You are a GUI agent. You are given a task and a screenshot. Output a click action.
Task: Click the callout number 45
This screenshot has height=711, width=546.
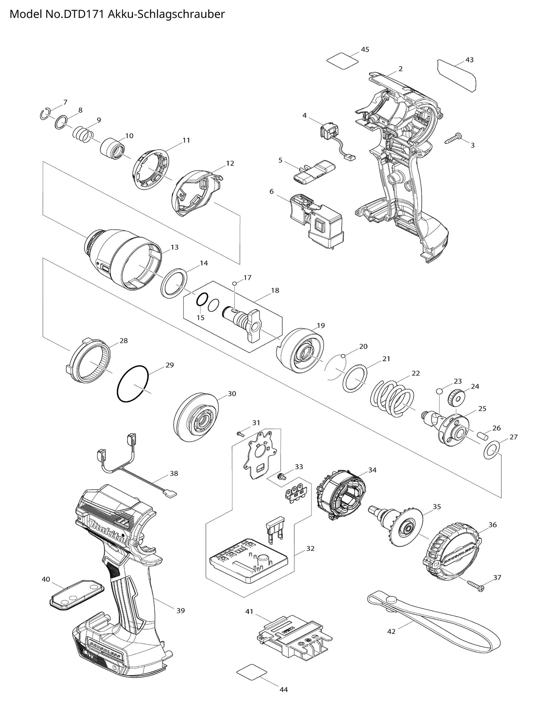pos(365,49)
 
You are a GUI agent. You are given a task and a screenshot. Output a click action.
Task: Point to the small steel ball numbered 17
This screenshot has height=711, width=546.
pos(235,283)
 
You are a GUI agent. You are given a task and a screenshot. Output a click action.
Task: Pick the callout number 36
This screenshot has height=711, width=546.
pos(492,525)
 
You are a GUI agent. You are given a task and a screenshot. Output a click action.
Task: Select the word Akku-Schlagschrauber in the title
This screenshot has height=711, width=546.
pos(166,14)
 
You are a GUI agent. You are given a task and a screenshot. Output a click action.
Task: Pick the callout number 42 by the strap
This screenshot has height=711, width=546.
pos(391,631)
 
